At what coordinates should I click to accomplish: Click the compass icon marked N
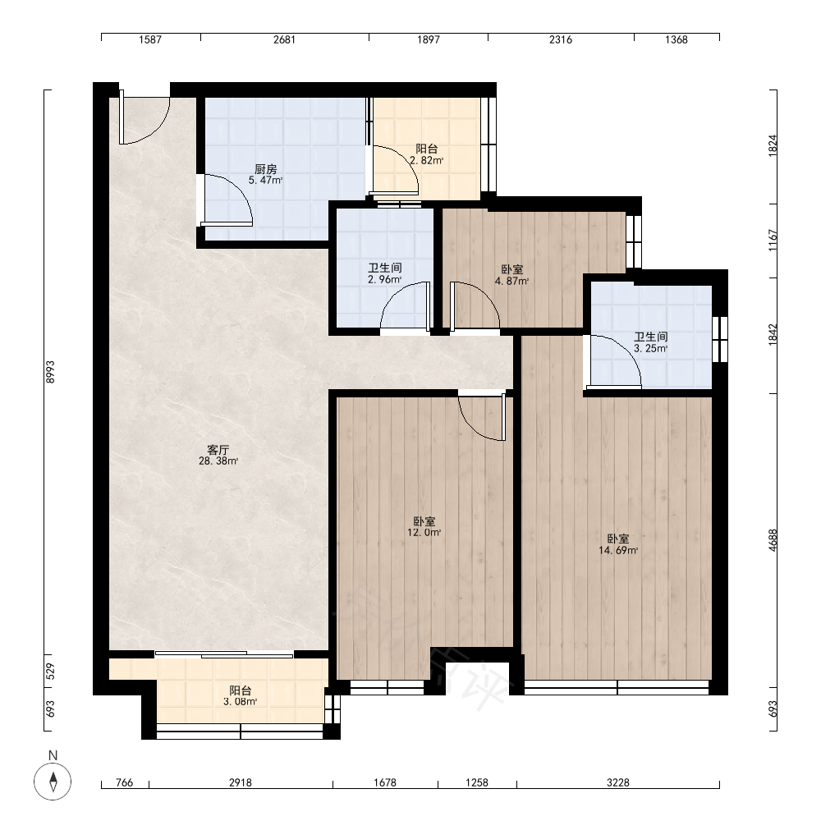(53, 782)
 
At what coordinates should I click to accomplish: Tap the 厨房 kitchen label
(265, 169)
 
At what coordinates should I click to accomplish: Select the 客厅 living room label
(218, 450)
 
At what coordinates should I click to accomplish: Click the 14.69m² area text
(618, 550)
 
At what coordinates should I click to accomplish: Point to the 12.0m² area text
(424, 533)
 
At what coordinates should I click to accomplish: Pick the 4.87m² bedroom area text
(512, 281)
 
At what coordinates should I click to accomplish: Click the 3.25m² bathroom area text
(651, 348)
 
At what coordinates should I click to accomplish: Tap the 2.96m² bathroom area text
(385, 280)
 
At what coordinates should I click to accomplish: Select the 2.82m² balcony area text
(427, 161)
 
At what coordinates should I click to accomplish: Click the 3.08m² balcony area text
(241, 702)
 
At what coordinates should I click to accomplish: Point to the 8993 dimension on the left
(50, 372)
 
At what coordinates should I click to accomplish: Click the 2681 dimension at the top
(284, 39)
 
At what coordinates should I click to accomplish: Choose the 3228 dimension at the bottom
(618, 782)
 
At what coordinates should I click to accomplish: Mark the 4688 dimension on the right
(773, 540)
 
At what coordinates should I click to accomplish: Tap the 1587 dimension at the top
(150, 39)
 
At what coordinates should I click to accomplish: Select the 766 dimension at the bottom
(124, 782)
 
